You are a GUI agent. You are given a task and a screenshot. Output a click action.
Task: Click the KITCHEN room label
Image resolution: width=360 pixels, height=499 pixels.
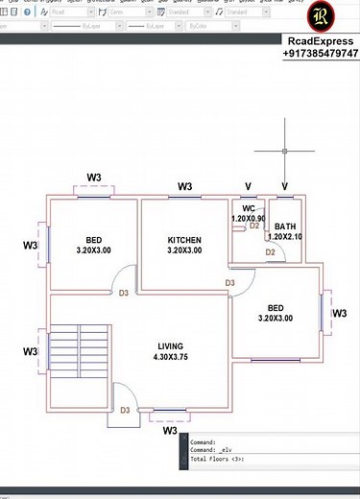click(184, 239)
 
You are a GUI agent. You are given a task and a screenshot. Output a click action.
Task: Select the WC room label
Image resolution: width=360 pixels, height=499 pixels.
click(248, 208)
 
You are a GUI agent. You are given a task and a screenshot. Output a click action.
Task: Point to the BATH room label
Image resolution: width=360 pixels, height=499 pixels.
click(285, 226)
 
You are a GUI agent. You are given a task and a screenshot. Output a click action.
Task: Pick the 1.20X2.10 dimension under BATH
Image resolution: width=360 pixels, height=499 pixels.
click(285, 237)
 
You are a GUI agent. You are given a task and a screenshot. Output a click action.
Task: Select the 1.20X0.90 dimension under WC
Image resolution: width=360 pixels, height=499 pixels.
click(249, 219)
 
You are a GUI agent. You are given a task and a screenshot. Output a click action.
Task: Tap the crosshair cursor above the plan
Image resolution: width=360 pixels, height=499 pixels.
click(285, 151)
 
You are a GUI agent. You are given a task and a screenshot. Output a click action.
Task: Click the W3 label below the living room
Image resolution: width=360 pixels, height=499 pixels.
click(170, 431)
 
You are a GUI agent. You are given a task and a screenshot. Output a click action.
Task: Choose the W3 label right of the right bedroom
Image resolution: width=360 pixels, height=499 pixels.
click(339, 313)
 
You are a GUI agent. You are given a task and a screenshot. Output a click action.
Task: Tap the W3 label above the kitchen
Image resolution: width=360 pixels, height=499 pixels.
click(184, 186)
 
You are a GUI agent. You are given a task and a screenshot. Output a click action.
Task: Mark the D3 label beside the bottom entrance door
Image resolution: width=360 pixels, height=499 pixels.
click(126, 410)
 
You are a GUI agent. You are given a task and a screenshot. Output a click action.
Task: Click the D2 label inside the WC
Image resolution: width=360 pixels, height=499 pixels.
click(254, 226)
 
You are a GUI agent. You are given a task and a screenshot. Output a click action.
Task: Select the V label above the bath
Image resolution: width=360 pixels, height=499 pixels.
click(285, 186)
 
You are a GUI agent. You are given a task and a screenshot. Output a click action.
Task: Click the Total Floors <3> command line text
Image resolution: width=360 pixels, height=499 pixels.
click(218, 460)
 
